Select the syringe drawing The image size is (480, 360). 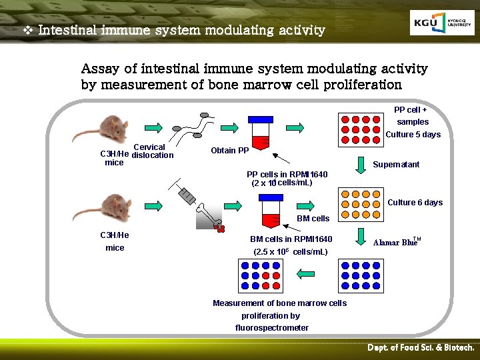[x=186, y=193]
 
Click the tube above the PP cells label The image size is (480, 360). [x=259, y=133]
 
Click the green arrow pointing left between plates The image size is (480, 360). [x=308, y=273]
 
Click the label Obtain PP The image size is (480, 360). [x=229, y=151]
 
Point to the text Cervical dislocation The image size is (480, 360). [x=153, y=151]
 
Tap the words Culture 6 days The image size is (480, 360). [x=415, y=203]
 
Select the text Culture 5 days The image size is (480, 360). [x=413, y=135]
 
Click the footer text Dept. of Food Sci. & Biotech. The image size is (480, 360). [x=421, y=348]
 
